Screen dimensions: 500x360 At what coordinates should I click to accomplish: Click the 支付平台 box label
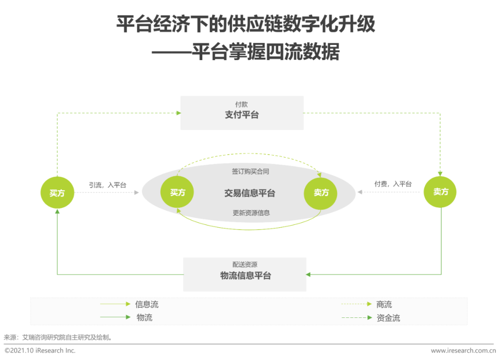(x=242, y=115)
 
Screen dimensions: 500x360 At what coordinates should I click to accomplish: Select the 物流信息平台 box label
(x=245, y=276)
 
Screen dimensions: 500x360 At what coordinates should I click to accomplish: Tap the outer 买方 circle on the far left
(x=57, y=192)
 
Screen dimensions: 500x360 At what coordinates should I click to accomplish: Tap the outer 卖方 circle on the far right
(x=440, y=192)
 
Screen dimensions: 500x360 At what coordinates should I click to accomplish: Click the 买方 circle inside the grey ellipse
(x=177, y=192)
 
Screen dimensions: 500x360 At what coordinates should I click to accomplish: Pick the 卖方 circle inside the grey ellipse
(x=320, y=193)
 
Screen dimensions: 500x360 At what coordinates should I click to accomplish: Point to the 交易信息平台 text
(x=250, y=193)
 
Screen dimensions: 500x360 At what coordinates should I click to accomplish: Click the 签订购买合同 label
(x=250, y=171)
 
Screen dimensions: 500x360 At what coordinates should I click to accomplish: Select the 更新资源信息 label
(x=251, y=213)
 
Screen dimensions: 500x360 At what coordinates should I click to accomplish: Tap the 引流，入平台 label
(x=107, y=185)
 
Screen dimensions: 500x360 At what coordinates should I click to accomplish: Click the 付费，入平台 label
(x=393, y=184)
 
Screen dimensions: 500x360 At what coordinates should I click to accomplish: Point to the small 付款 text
(x=241, y=104)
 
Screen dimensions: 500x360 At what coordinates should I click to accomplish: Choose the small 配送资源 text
(x=244, y=264)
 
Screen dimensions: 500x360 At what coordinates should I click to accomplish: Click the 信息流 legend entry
(x=147, y=304)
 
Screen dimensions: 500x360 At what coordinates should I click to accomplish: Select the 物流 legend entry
(x=144, y=317)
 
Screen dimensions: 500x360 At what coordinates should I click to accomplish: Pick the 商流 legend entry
(x=384, y=304)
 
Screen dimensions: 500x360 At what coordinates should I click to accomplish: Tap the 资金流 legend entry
(x=388, y=317)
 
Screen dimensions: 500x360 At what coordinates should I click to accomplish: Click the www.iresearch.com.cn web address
(x=463, y=350)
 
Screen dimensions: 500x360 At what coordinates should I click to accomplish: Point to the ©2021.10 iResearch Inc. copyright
(x=40, y=350)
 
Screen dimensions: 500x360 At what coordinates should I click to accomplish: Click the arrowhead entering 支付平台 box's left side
(x=179, y=113)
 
